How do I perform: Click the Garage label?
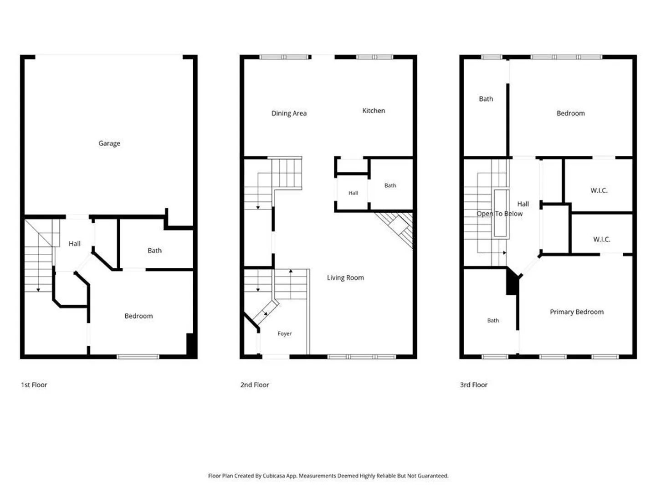click(109, 143)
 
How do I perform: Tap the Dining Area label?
click(289, 113)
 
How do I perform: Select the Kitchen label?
click(374, 111)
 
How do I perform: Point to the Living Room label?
click(345, 277)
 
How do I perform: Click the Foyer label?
click(284, 333)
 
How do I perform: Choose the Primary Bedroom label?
click(576, 312)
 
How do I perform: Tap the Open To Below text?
click(499, 214)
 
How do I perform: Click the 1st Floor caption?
click(34, 385)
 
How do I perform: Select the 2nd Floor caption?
click(255, 385)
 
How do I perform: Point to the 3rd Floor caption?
click(473, 385)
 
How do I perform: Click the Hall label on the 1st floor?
click(74, 244)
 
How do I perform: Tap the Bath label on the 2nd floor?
click(390, 185)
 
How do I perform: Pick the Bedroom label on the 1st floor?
click(138, 316)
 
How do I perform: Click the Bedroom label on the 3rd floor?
click(570, 113)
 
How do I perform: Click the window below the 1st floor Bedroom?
click(138, 357)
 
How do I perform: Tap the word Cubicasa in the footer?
click(273, 476)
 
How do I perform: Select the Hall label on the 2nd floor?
click(353, 193)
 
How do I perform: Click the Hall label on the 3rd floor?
click(523, 204)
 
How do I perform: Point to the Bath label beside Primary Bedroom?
click(493, 321)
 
